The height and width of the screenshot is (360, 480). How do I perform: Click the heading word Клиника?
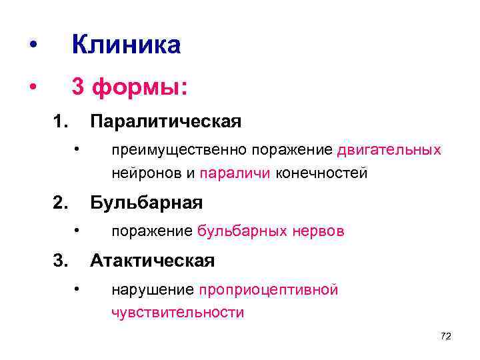[x=125, y=45]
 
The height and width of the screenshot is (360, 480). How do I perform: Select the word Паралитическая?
[x=165, y=122]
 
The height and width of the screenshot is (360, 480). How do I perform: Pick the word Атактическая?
[x=152, y=261]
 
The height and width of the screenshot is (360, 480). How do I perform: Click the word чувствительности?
[x=177, y=312]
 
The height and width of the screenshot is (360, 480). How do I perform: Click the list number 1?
[x=61, y=122]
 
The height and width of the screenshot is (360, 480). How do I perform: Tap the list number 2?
[x=61, y=202]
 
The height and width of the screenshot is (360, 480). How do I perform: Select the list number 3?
[x=61, y=261]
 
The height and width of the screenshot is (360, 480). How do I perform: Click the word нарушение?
[x=153, y=290]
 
